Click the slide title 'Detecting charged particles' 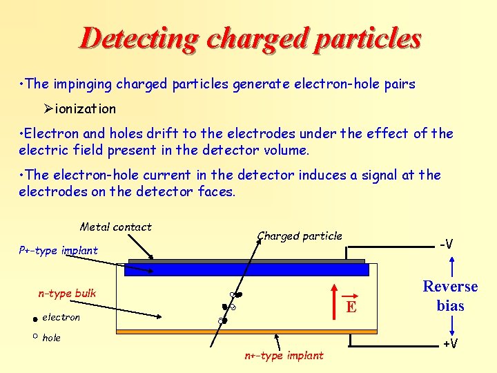(x=250, y=38)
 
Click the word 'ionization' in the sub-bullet (x=86, y=108)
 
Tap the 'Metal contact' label (x=116, y=227)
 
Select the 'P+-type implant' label (x=58, y=250)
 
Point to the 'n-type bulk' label (x=67, y=294)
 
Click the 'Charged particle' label (x=300, y=236)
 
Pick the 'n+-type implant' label (x=284, y=356)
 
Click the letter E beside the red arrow (x=351, y=307)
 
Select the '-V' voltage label (x=447, y=244)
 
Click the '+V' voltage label (x=451, y=344)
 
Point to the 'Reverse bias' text (x=450, y=296)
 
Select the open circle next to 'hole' (x=34, y=336)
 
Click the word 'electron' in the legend (x=61, y=317)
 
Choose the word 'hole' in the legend (x=52, y=338)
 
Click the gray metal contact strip (x=246, y=261)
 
